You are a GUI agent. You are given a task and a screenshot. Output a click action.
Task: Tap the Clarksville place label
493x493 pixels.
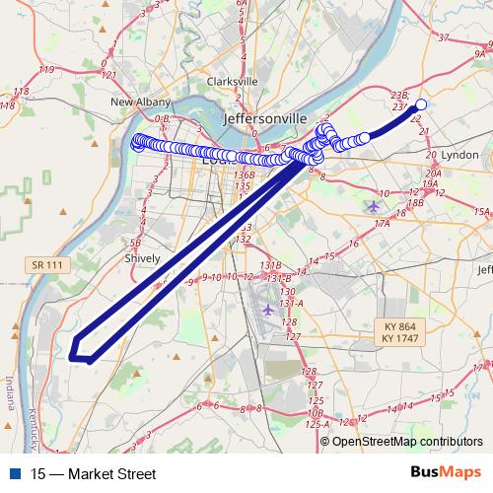(x=233, y=82)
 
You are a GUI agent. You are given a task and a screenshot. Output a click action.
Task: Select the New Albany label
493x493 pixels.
(x=135, y=102)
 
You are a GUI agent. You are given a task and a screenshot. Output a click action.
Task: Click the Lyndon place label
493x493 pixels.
(x=460, y=156)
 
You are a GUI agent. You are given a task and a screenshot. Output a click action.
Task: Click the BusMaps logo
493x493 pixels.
(x=446, y=473)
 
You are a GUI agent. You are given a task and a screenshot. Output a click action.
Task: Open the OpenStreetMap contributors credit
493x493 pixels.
(x=407, y=442)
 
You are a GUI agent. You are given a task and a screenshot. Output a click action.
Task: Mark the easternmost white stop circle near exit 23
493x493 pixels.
(x=421, y=105)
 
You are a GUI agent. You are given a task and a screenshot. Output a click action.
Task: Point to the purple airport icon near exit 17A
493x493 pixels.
(x=372, y=206)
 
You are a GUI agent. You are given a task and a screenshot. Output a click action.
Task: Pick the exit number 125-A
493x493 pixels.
(x=317, y=424)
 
